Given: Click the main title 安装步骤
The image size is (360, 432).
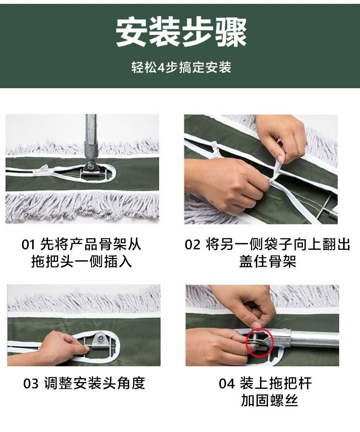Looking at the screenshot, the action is click(181, 33).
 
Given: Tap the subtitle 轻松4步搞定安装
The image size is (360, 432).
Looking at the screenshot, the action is click(181, 67).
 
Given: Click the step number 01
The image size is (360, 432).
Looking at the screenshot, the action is click(28, 245).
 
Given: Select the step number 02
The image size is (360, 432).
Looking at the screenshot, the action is click(192, 245).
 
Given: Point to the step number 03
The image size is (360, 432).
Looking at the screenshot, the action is click(31, 384).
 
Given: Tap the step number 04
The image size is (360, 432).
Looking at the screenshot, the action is click(227, 384).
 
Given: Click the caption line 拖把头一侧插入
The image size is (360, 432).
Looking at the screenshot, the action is click(82, 261).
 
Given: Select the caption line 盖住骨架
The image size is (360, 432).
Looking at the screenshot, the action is click(267, 261).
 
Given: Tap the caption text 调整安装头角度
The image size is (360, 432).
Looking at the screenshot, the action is click(95, 383).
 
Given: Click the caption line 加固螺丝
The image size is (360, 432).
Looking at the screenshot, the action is click(269, 400).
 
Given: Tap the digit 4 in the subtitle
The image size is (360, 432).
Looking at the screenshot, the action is click(161, 68).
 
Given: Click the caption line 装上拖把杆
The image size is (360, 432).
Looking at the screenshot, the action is click(276, 384).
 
